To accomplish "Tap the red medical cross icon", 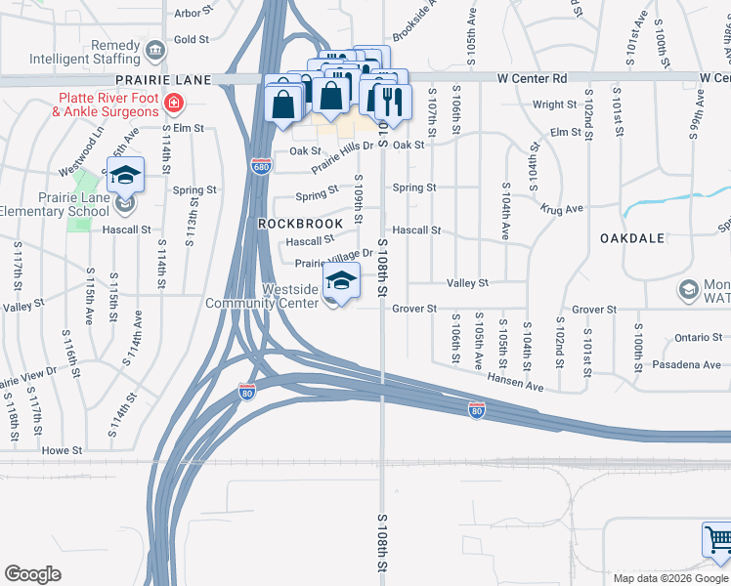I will click(173, 102).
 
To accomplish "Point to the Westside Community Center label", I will click(262, 296).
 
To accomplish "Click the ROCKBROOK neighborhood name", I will click(300, 224).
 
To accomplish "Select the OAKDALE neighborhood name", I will click(632, 237).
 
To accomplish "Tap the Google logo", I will click(32, 574).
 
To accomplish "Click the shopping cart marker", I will click(716, 540).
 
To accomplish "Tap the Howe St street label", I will click(61, 451).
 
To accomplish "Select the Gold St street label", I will click(192, 40).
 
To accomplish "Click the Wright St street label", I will click(554, 105).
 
